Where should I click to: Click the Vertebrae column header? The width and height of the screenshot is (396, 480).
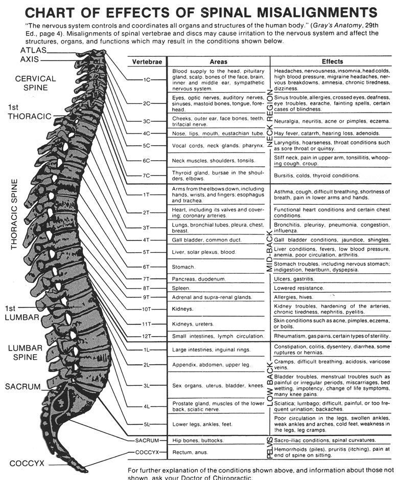pos(147,62)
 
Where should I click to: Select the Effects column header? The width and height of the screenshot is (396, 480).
pos(332,61)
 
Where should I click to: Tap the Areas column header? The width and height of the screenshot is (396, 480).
pos(219,62)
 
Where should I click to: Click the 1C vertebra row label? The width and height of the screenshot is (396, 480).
pos(147,80)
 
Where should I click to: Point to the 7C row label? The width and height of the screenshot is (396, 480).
pos(147,176)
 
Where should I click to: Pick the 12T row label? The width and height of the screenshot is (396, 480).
pos(147,336)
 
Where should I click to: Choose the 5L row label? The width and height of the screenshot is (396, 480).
pos(147,424)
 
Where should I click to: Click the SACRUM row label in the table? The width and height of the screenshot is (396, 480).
pos(147,441)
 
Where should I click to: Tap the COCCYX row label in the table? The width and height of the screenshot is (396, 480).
pos(147,452)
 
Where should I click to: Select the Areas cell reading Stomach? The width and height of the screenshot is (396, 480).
pos(183,267)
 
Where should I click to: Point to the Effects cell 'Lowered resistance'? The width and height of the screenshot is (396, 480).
pos(299,288)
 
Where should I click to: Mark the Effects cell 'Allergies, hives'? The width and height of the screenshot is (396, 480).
pos(293,297)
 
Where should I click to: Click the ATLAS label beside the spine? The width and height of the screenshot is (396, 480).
pos(33,50)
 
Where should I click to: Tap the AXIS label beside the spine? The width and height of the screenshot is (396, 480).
pos(30,59)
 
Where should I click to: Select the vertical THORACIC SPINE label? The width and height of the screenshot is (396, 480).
pos(14,214)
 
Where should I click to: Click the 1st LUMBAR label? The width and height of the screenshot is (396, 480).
pos(21,313)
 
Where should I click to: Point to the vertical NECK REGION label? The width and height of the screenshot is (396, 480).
pos(269,118)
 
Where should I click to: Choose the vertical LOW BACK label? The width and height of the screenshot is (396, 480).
pos(269,384)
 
